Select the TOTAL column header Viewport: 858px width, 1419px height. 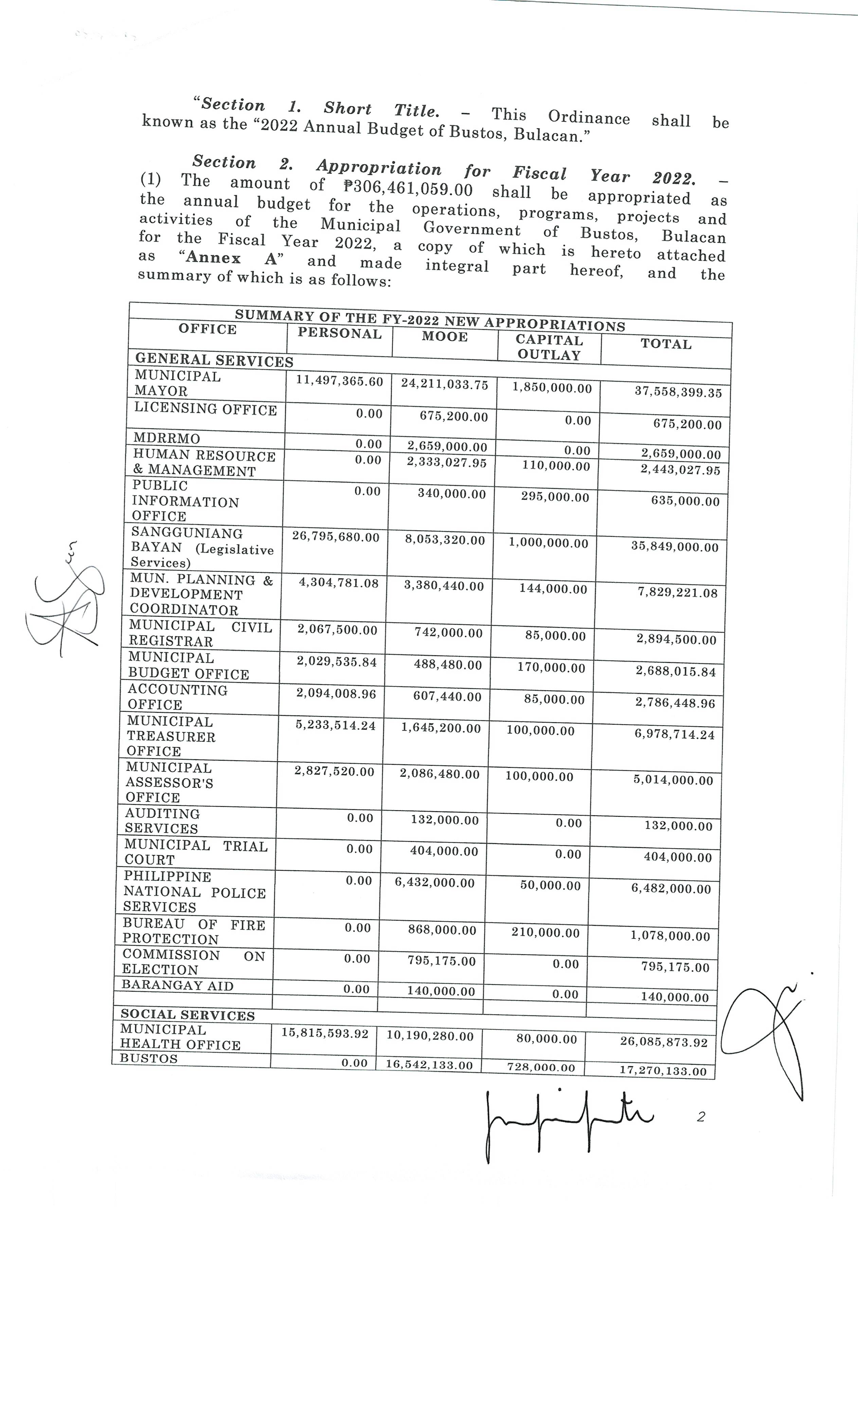click(x=666, y=344)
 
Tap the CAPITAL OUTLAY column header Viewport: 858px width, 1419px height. click(x=549, y=347)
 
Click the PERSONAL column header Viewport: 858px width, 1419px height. click(x=339, y=334)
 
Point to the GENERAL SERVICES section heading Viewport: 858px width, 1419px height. click(x=214, y=360)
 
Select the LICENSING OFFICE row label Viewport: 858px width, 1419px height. click(x=205, y=409)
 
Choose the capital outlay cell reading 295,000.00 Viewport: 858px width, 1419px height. click(x=555, y=497)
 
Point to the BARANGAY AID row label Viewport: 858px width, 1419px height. click(x=177, y=986)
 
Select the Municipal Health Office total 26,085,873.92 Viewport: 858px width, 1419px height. click(x=663, y=1042)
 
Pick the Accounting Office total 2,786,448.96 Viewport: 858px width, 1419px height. click(x=675, y=703)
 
